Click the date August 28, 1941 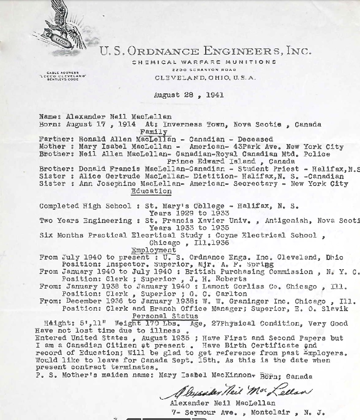[x=188, y=95]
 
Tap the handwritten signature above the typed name [x=236, y=390]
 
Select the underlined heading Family [x=154, y=132]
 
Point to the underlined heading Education [x=151, y=191]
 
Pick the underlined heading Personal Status [x=165, y=316]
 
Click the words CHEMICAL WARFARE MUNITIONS [x=204, y=62]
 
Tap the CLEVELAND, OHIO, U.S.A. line [x=205, y=78]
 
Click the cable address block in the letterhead [x=63, y=76]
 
